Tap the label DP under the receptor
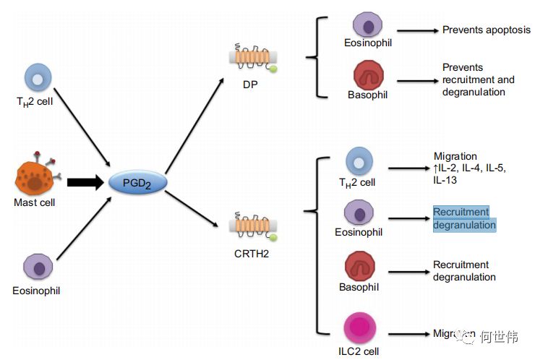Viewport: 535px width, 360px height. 251,85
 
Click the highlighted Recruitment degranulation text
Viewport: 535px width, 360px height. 464,218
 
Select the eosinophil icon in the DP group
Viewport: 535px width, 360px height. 369,24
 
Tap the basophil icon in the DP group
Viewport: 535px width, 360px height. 369,74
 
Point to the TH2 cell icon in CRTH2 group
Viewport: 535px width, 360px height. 359,161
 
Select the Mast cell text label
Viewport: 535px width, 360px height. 35,203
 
